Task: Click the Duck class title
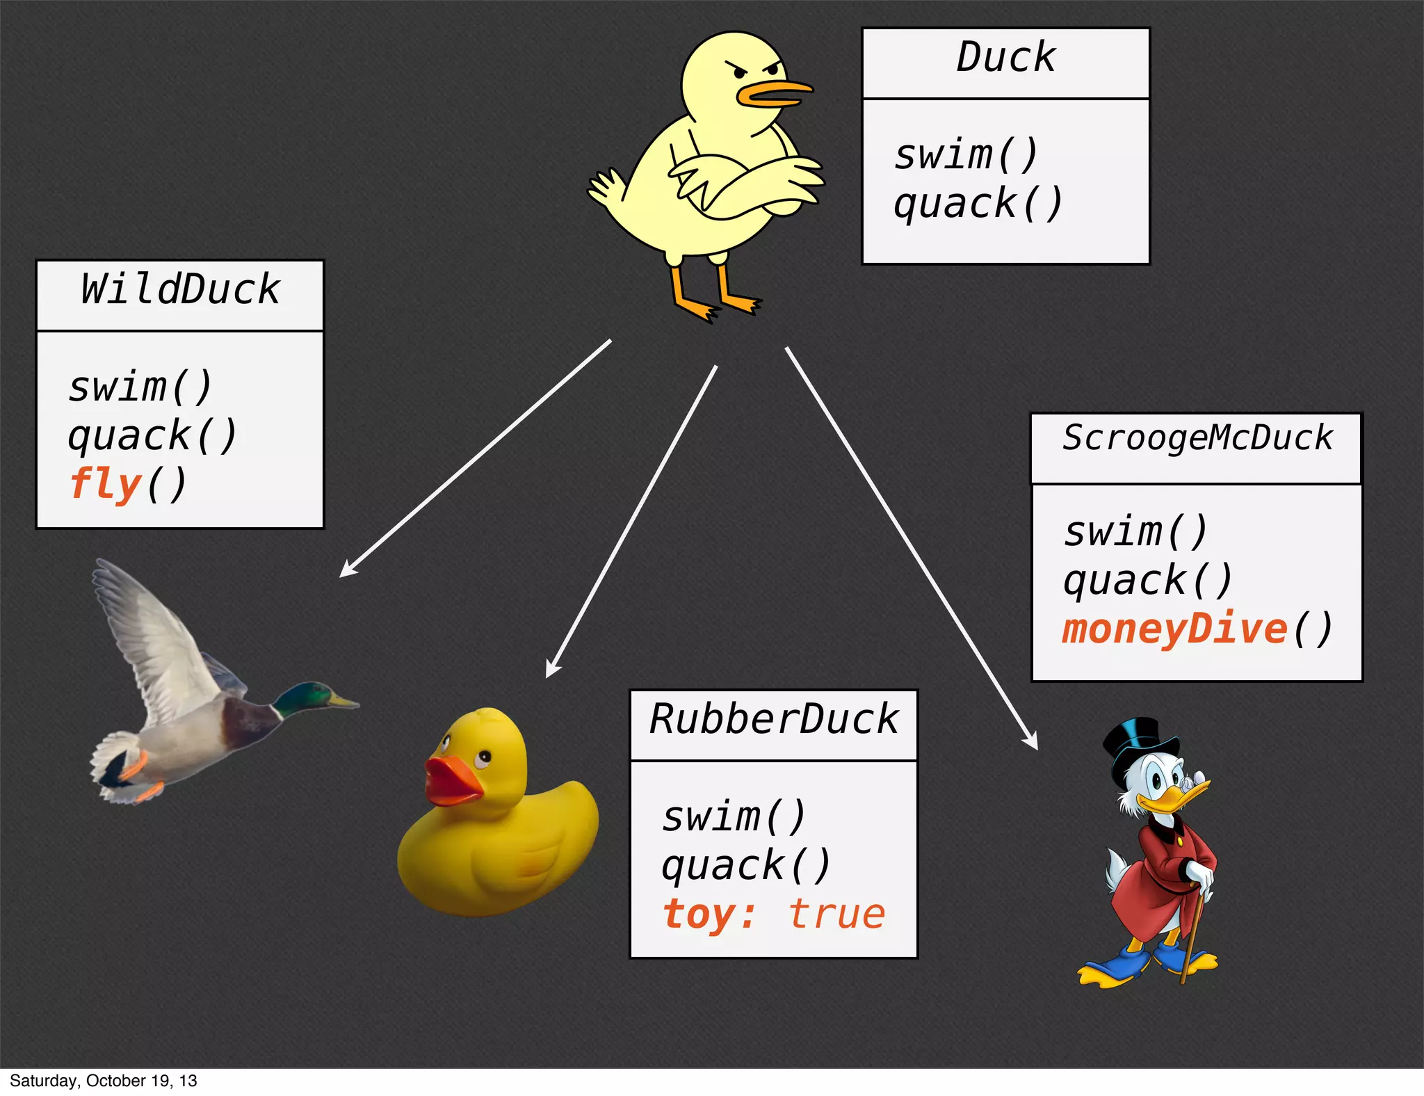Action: pyautogui.click(x=1005, y=57)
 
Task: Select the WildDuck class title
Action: pyautogui.click(x=179, y=290)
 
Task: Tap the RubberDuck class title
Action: pyautogui.click(x=774, y=719)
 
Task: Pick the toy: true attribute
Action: pyautogui.click(x=774, y=914)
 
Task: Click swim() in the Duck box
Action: pyautogui.click(x=966, y=154)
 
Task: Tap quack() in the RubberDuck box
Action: pyautogui.click(x=746, y=866)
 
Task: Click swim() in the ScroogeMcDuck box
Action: pyautogui.click(x=1136, y=532)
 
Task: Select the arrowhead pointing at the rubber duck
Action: pyautogui.click(x=551, y=670)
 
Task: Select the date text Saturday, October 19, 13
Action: pyautogui.click(x=104, y=1081)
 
